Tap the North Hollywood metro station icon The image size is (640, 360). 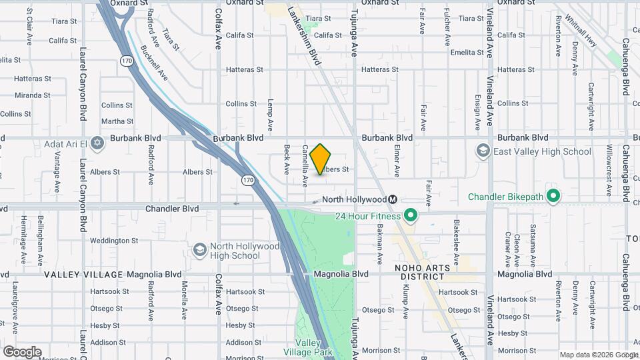[393, 199]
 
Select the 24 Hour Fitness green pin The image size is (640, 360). [411, 215]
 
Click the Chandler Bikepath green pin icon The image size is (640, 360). [553, 196]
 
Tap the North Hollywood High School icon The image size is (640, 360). [199, 250]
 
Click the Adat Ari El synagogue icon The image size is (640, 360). [97, 143]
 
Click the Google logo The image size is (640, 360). [22, 352]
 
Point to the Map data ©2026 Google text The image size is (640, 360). [598, 355]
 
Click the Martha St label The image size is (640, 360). [117, 121]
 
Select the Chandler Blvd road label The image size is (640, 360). [172, 209]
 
